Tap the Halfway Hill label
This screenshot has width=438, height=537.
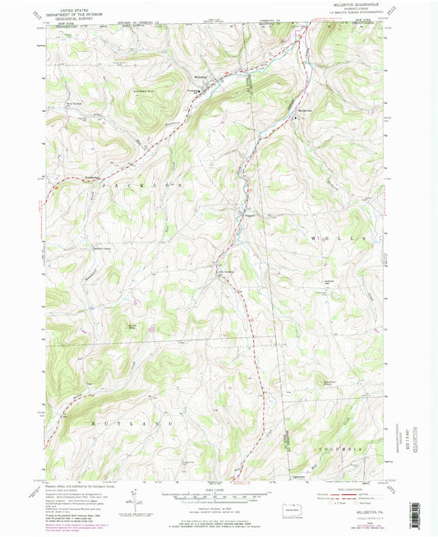coord(145,92)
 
